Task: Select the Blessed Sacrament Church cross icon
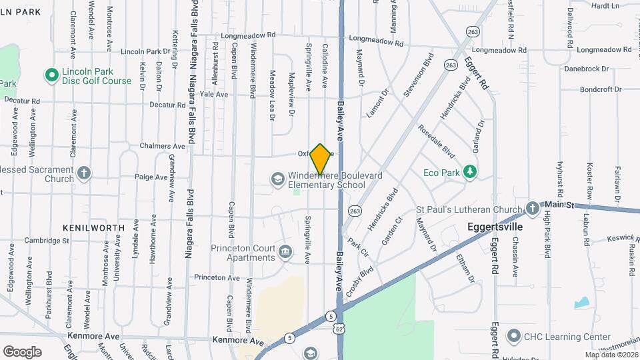tap(83, 173)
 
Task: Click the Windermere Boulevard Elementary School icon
tap(277, 179)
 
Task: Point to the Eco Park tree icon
tap(470, 172)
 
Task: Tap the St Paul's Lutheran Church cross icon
tap(532, 209)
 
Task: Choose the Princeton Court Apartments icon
tap(285, 251)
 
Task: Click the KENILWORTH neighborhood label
tap(93, 227)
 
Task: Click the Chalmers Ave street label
tap(162, 146)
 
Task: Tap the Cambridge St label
tap(47, 241)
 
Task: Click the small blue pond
tap(582, 301)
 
